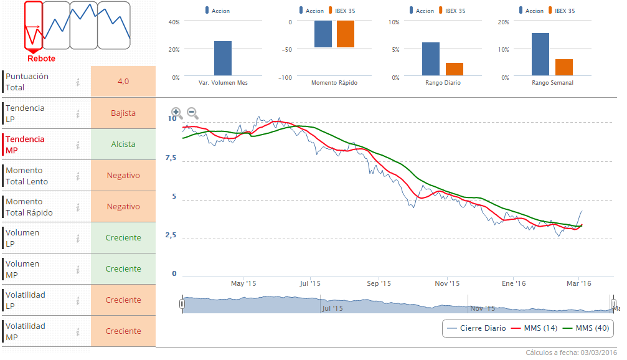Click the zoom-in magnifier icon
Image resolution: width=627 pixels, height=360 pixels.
176,113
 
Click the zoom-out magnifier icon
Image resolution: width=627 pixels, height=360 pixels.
192,113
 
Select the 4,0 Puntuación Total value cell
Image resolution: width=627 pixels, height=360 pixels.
123,82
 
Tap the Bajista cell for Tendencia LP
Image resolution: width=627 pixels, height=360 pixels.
123,113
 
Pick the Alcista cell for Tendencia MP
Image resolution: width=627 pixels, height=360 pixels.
123,144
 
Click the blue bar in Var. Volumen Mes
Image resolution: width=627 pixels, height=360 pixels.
223,59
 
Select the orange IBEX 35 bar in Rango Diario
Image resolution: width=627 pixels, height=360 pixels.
454,70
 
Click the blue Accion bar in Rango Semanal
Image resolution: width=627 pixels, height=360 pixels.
540,55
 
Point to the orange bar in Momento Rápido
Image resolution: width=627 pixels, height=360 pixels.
346,34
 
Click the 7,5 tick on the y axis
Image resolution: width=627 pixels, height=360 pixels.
171,158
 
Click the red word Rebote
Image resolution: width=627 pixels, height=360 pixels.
41,59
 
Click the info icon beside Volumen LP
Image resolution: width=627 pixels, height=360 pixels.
78,238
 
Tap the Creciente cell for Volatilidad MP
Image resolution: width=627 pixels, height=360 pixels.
123,331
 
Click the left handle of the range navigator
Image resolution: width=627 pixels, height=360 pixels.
182,304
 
